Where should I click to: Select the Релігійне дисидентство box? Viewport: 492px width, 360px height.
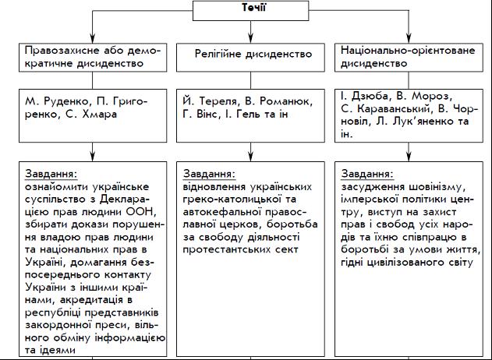click(253, 55)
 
